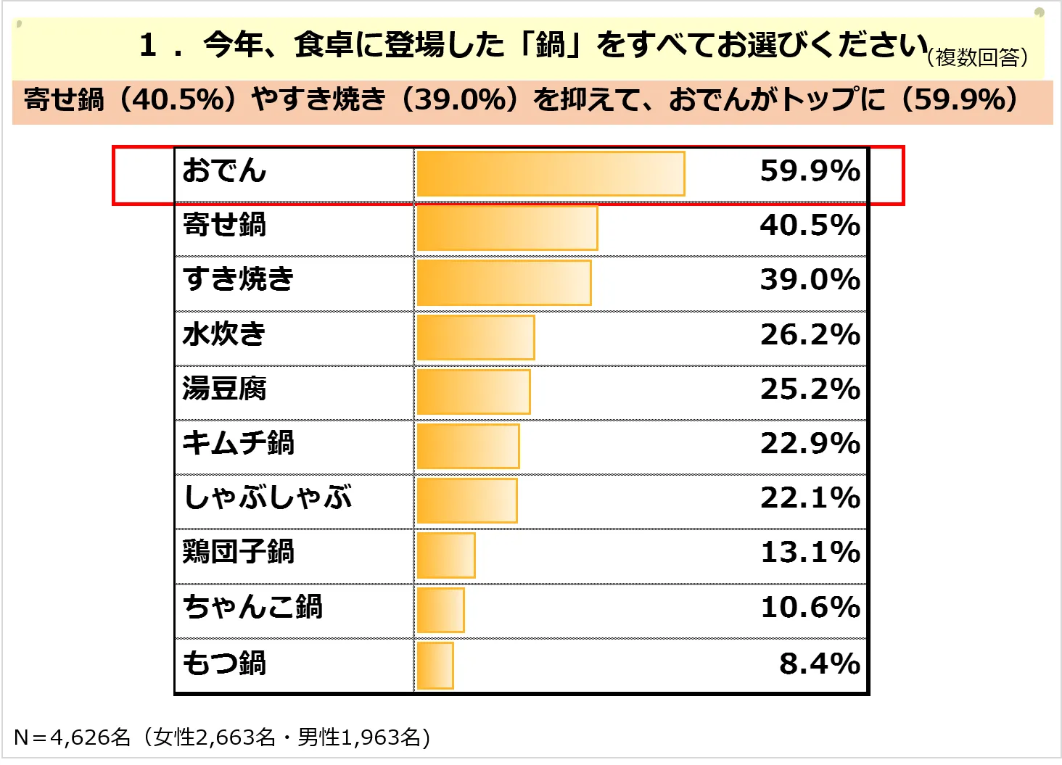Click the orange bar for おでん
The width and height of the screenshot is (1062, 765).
pyautogui.click(x=550, y=173)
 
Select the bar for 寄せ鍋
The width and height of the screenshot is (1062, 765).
pyautogui.click(x=506, y=228)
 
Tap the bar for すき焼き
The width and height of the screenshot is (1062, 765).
pyautogui.click(x=503, y=282)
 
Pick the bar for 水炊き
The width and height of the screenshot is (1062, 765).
pyautogui.click(x=475, y=337)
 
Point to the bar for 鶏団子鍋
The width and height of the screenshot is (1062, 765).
pyautogui.click(x=445, y=555)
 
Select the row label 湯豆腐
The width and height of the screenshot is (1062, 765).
pyautogui.click(x=224, y=389)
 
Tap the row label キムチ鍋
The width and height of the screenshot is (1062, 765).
pyautogui.click(x=238, y=443)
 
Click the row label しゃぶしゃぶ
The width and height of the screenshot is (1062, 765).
pyautogui.click(x=267, y=497)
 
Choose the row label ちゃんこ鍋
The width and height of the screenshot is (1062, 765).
pyautogui.click(x=252, y=607)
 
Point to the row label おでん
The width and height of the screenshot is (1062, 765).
pyautogui.click(x=224, y=170)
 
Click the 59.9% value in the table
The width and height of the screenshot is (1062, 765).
pyautogui.click(x=810, y=171)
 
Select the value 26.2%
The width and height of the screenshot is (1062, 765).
pyautogui.click(x=810, y=334)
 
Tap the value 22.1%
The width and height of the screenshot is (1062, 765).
pyautogui.click(x=810, y=497)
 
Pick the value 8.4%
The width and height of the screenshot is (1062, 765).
pyautogui.click(x=819, y=663)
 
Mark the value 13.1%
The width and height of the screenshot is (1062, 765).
pyautogui.click(x=810, y=553)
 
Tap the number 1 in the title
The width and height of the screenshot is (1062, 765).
pyautogui.click(x=149, y=45)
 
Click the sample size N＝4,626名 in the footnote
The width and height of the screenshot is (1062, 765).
pyautogui.click(x=72, y=737)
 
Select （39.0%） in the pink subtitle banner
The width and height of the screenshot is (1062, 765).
pyautogui.click(x=458, y=99)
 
